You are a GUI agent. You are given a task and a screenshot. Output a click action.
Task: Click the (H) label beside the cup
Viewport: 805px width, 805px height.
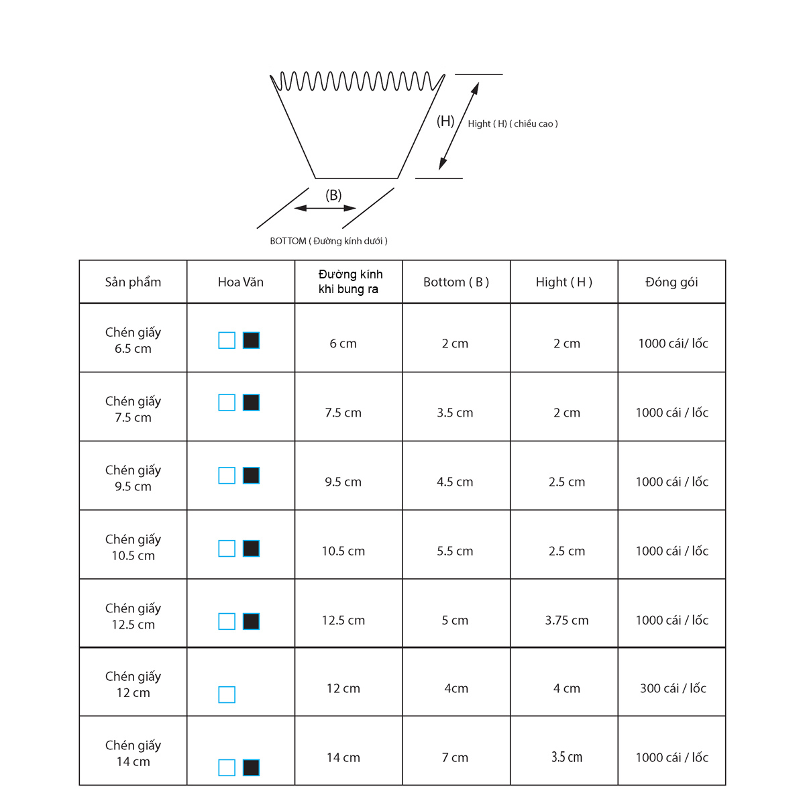[x=445, y=121]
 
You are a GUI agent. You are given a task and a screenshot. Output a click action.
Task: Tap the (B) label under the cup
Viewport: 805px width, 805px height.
[x=333, y=195]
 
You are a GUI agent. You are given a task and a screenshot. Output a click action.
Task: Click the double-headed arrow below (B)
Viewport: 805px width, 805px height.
[x=325, y=208]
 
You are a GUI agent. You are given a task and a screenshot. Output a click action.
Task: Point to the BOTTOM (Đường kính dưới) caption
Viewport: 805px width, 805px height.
[x=329, y=241]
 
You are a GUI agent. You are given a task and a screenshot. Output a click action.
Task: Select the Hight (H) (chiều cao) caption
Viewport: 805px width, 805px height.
[x=513, y=123]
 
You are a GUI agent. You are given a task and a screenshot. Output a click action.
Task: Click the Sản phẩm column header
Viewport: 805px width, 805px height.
[x=133, y=282]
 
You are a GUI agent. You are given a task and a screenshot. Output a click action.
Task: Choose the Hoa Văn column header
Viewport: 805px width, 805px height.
[x=241, y=282]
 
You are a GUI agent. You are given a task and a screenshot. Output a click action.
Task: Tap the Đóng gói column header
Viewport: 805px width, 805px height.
[x=672, y=282]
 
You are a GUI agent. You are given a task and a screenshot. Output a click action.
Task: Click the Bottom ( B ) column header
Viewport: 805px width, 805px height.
[x=455, y=282]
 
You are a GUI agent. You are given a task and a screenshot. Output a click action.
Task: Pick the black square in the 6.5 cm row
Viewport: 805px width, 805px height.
[x=251, y=341]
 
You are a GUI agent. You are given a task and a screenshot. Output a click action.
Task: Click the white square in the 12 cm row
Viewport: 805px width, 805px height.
[x=227, y=695]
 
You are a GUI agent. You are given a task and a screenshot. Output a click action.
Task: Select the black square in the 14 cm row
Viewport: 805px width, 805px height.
[x=251, y=768]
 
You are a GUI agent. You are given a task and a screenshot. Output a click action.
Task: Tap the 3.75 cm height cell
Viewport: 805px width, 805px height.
[x=566, y=621]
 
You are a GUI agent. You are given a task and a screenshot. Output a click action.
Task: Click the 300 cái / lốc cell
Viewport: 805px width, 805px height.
[x=673, y=688]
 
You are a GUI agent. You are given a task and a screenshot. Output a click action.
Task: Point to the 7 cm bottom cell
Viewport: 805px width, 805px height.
[x=455, y=758]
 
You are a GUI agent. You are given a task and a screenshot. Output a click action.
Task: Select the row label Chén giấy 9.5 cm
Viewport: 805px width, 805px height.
[x=133, y=478]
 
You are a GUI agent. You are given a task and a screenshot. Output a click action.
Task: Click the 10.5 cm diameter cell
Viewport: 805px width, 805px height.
[x=343, y=551]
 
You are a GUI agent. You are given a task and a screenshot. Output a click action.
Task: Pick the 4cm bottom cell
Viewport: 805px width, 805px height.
[x=455, y=688]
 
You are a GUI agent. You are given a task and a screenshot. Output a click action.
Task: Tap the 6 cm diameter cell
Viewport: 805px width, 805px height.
[x=343, y=343]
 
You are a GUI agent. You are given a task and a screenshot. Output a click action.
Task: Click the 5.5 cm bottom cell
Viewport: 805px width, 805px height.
[x=455, y=551]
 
